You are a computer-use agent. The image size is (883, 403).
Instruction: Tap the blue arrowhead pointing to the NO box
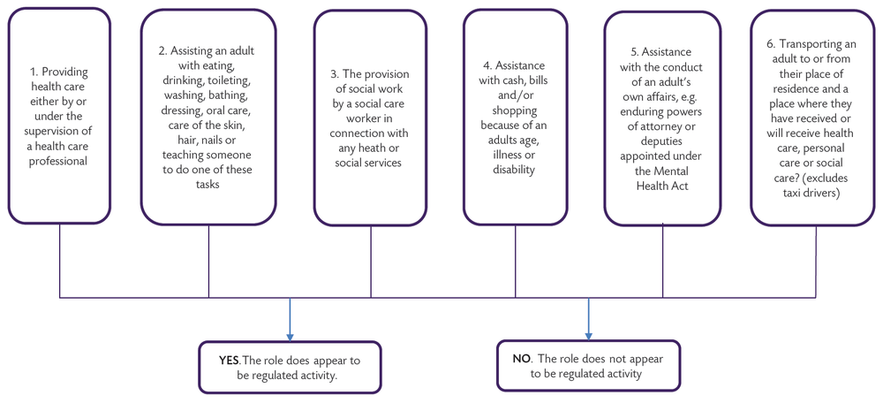click(x=589, y=334)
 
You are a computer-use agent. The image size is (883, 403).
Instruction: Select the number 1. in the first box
click(x=33, y=72)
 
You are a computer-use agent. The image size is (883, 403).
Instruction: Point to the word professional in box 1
click(x=59, y=162)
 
